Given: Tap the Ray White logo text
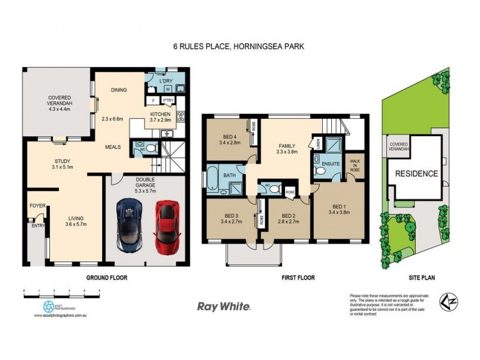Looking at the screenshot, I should (224, 306).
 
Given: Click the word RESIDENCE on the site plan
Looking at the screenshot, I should (416, 174).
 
